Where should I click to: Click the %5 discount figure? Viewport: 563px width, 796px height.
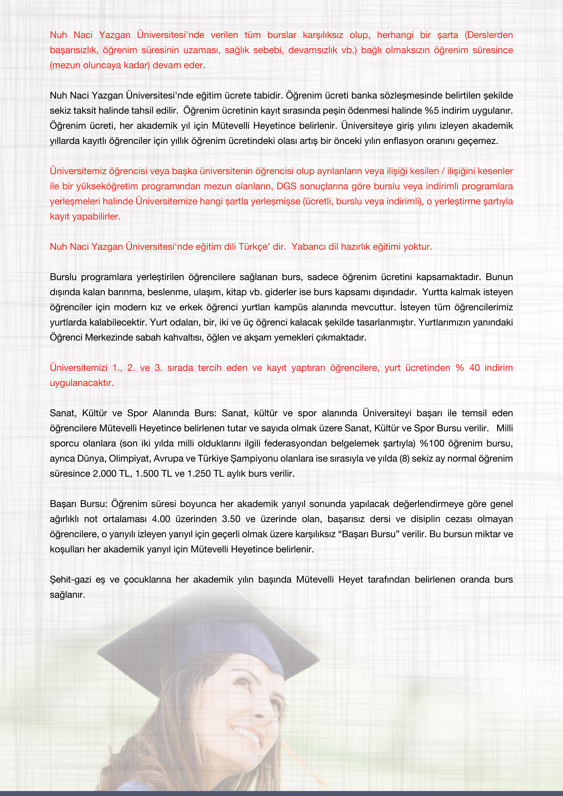[x=432, y=111]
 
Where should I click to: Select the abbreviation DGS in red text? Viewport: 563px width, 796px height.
[x=286, y=186]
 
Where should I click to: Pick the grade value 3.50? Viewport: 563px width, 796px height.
[x=231, y=519]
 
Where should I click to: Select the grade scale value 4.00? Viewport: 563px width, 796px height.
[x=161, y=519]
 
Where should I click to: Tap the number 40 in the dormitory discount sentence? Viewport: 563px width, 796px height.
[x=474, y=368]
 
